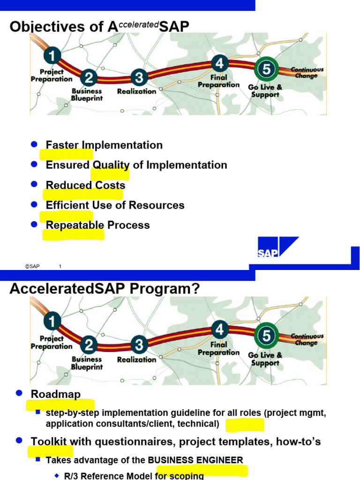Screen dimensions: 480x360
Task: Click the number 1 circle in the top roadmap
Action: (53, 57)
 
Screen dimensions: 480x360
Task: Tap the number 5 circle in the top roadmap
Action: (266, 70)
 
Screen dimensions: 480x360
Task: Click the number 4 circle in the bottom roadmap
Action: (219, 330)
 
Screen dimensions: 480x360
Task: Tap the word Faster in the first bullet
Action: (62, 145)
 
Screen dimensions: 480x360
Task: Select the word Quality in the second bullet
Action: (111, 165)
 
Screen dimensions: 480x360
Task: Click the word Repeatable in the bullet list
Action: (75, 225)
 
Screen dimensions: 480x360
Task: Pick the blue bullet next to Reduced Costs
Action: (34, 184)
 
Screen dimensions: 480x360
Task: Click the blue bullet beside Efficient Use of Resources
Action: (34, 204)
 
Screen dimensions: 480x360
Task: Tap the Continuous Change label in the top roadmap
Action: (307, 73)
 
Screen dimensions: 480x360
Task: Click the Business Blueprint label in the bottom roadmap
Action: (87, 363)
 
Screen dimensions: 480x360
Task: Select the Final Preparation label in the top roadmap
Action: (218, 81)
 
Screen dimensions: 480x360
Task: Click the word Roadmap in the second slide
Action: (56, 394)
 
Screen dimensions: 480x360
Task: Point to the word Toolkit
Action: (49, 442)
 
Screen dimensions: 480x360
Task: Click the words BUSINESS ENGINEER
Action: (195, 460)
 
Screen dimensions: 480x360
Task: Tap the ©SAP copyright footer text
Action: (32, 267)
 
